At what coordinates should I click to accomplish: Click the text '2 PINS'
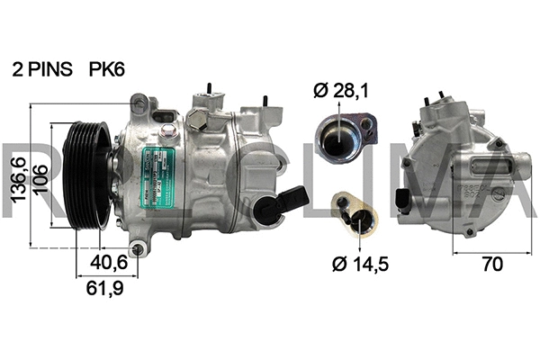pyautogui.click(x=42, y=68)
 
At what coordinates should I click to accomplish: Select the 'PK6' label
pyautogui.click(x=107, y=68)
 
